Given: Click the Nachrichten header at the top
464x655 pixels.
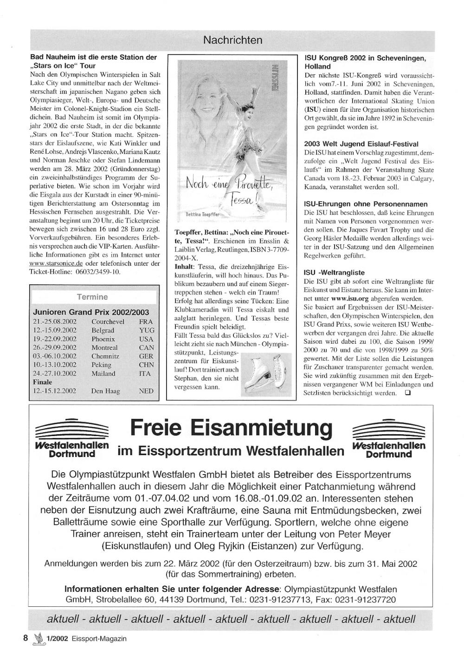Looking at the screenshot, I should (x=232, y=40).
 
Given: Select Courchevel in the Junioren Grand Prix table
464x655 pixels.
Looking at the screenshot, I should (x=108, y=321).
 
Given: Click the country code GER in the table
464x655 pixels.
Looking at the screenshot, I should (x=146, y=356).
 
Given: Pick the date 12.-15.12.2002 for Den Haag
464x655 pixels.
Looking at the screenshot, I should (x=55, y=391).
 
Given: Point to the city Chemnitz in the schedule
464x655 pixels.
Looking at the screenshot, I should (x=105, y=356).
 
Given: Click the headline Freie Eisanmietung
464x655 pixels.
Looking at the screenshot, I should (x=231, y=427).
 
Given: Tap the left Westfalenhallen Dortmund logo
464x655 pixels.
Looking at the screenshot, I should (x=71, y=438).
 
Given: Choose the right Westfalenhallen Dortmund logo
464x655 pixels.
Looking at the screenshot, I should (x=389, y=438).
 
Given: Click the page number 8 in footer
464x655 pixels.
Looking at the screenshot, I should (x=26, y=638).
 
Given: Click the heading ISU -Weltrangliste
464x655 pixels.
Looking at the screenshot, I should (x=334, y=273).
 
